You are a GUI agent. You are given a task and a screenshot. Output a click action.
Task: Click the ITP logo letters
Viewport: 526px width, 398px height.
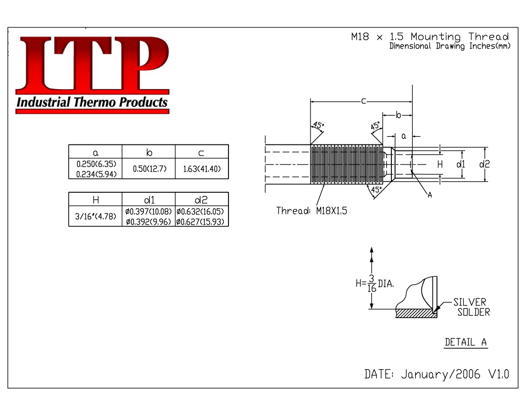92,63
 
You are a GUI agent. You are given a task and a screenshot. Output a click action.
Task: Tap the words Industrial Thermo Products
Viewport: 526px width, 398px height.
92,102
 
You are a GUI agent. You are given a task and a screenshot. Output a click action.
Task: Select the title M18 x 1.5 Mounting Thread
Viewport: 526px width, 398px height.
430,37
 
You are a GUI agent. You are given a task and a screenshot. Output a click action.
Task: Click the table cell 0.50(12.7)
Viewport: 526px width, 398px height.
150,169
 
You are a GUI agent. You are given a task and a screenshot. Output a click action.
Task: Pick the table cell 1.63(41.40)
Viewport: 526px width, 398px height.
202,169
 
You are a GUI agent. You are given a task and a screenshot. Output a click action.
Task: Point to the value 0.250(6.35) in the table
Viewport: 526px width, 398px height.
96,164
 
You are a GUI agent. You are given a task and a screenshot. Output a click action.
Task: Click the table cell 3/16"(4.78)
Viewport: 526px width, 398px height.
95,216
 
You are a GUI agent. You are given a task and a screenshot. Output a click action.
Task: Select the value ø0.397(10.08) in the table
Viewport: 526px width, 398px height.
149,211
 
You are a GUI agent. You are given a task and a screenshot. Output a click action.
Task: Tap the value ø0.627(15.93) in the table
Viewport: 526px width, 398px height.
200,222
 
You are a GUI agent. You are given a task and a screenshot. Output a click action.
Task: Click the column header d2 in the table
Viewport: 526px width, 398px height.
201,200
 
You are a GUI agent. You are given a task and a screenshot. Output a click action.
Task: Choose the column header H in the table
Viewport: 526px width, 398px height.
96,200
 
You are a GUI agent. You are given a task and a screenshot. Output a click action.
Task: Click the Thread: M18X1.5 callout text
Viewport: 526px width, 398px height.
311,210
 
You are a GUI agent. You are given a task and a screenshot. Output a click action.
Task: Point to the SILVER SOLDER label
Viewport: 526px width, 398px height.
472,307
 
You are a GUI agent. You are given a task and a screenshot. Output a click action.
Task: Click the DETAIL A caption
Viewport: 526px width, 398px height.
466,342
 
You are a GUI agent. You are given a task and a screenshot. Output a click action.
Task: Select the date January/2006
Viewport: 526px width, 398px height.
440,374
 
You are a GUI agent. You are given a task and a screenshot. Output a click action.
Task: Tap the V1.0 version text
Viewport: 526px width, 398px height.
499,374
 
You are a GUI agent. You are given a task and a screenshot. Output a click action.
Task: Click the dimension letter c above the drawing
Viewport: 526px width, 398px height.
364,101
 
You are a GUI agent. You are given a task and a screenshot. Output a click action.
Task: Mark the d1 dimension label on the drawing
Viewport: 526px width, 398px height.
461,164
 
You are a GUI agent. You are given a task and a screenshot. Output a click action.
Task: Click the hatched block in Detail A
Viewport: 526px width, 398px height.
416,313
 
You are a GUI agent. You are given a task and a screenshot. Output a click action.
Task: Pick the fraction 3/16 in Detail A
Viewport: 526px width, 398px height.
371,284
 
